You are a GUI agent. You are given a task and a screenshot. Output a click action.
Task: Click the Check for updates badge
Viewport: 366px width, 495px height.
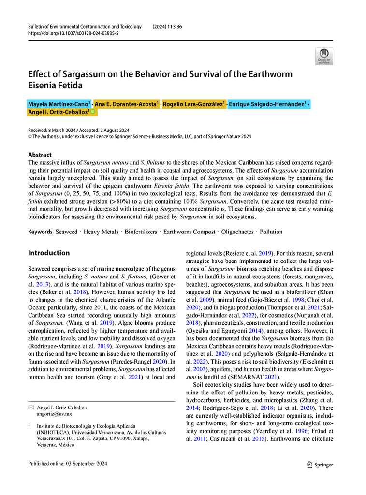(323, 56)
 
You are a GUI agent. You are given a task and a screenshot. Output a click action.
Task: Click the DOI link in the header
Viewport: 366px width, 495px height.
(73, 33)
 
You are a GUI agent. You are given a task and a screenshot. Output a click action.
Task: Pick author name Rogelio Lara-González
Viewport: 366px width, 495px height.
(192, 104)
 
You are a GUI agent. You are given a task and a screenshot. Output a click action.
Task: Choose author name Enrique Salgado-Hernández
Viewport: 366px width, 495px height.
(266, 104)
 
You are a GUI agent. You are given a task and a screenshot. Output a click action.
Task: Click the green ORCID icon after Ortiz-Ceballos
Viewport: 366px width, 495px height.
(93, 112)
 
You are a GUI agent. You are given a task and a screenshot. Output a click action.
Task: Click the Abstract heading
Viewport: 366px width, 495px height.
(40, 155)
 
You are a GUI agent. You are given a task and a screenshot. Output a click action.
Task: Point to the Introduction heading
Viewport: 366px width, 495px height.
(49, 253)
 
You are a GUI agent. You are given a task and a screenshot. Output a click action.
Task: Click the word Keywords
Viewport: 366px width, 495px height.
(40, 232)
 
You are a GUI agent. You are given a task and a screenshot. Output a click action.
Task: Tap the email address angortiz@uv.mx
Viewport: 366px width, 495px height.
(54, 414)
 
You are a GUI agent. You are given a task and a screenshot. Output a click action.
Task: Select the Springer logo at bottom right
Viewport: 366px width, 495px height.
(320, 465)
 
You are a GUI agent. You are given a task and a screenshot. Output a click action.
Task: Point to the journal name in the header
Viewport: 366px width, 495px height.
(85, 26)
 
